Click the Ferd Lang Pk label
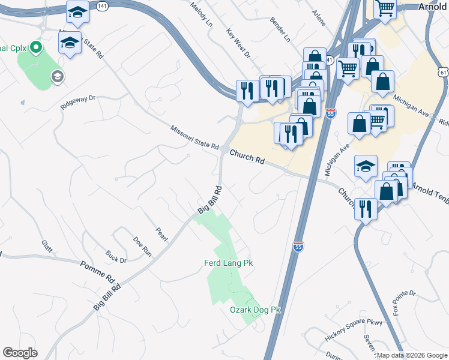229,263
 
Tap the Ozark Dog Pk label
256,310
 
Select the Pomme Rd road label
97,272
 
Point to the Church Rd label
247,157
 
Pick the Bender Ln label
280,29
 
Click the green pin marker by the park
35,47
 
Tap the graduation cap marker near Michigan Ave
366,167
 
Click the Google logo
20,352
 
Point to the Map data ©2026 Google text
412,355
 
